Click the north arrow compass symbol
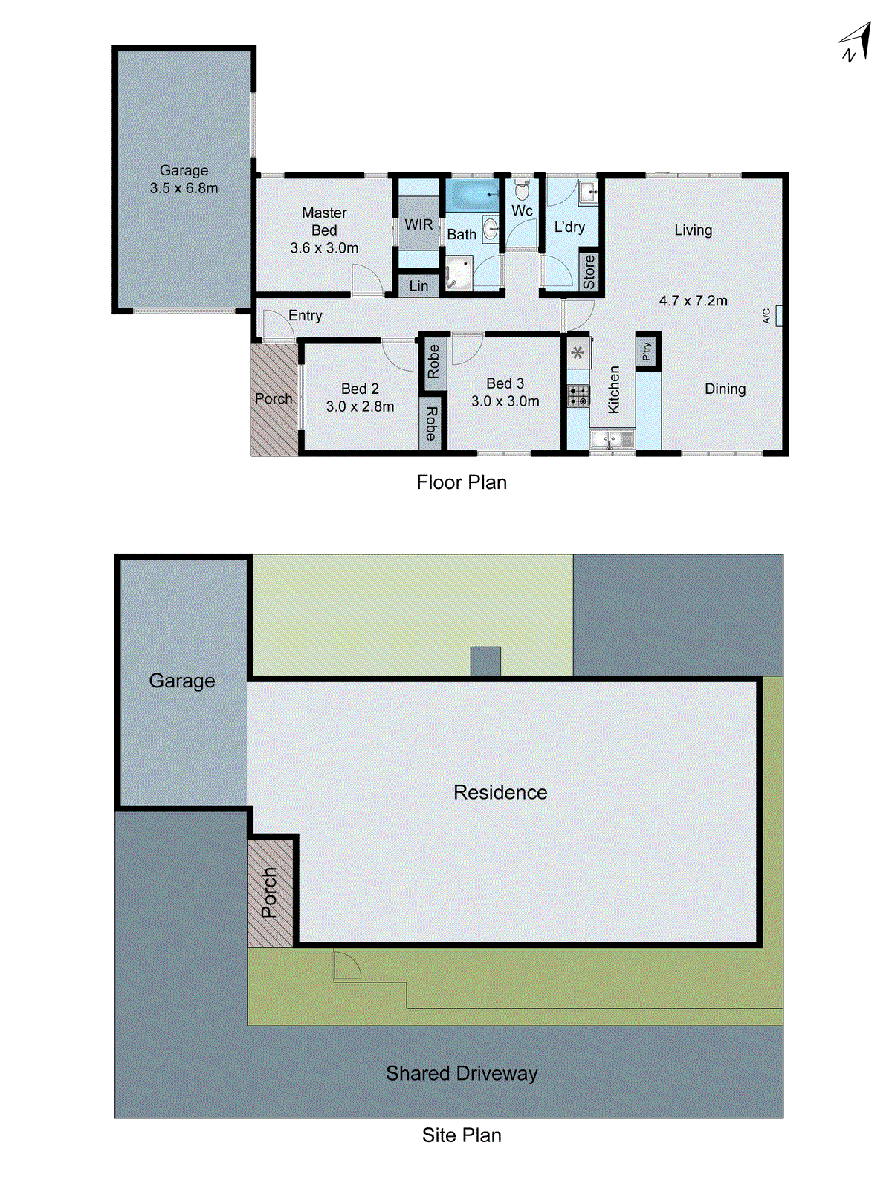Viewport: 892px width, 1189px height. pos(856,43)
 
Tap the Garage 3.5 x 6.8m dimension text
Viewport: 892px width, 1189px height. pos(184,188)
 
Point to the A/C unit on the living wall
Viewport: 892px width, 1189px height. pos(778,316)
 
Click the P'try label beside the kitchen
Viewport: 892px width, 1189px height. pos(647,350)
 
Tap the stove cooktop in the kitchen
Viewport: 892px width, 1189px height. pos(578,396)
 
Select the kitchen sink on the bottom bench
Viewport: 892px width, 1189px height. pos(612,439)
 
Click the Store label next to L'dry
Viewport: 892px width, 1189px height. pos(589,272)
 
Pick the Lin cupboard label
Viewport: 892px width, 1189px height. pos(418,285)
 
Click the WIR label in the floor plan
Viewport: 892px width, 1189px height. pos(418,224)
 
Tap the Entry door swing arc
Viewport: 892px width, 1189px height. pos(278,325)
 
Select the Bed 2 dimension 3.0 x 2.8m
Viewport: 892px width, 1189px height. pos(360,406)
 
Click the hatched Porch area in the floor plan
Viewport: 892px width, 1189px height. pos(274,416)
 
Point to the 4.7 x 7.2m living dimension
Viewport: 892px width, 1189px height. pos(693,301)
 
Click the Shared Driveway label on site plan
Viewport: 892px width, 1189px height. pos(461,1073)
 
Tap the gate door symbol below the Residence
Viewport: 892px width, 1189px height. pos(346,965)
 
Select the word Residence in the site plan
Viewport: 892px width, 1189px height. pos(500,792)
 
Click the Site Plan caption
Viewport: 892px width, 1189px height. pos(461,1135)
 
